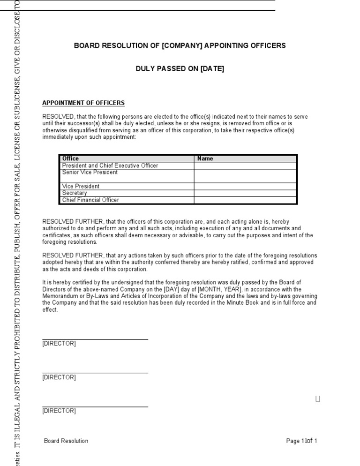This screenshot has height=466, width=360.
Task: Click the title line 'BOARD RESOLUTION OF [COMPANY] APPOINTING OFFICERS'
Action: pyautogui.click(x=180, y=46)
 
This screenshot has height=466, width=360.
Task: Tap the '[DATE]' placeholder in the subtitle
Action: pyautogui.click(x=212, y=69)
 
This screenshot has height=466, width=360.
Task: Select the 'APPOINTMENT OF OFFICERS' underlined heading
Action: pyautogui.click(x=83, y=103)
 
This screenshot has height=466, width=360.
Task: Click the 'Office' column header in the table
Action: pyautogui.click(x=71, y=158)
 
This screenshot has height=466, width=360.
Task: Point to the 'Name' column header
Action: pyautogui.click(x=205, y=158)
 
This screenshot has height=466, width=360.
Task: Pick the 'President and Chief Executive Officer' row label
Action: pyautogui.click(x=110, y=165)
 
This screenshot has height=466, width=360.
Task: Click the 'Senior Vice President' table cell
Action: pyautogui.click(x=90, y=173)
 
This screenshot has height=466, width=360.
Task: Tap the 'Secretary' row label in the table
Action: pyautogui.click(x=75, y=193)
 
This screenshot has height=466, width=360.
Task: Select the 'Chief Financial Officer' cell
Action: pyautogui.click(x=90, y=200)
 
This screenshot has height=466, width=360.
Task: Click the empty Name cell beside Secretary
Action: pyautogui.click(x=245, y=193)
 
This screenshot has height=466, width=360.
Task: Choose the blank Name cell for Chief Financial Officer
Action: pyautogui.click(x=245, y=200)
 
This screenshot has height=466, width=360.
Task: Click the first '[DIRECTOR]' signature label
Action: pyautogui.click(x=59, y=344)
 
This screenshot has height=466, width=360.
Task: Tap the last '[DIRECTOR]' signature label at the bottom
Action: pyautogui.click(x=59, y=411)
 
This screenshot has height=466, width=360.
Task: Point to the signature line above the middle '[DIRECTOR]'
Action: pyautogui.click(x=95, y=373)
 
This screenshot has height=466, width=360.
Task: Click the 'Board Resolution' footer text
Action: pyautogui.click(x=66, y=441)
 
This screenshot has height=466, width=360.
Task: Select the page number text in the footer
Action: pyautogui.click(x=302, y=441)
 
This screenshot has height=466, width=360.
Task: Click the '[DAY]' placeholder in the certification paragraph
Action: pyautogui.click(x=173, y=289)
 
